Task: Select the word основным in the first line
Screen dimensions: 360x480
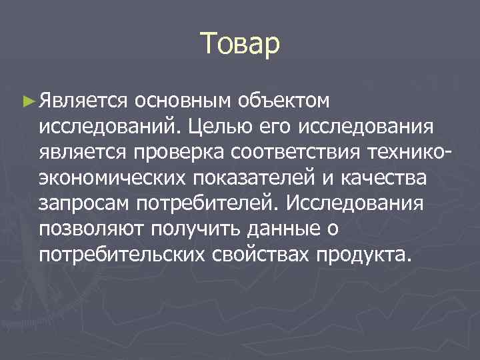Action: tap(181, 101)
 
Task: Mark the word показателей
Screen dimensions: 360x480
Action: tap(237, 178)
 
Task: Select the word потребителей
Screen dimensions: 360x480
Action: tap(201, 203)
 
